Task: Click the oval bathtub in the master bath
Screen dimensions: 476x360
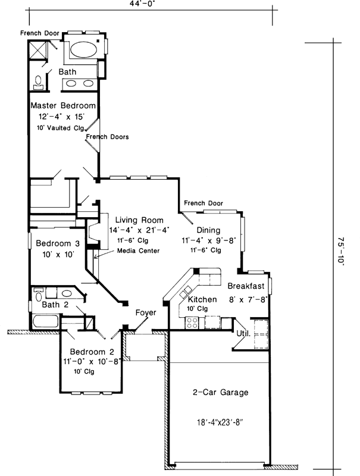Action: click(x=83, y=48)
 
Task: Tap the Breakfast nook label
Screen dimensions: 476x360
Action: click(x=246, y=286)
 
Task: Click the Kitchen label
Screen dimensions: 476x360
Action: click(x=202, y=299)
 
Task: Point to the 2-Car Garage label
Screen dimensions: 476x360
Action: click(x=220, y=393)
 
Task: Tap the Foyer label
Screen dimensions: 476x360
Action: click(x=146, y=313)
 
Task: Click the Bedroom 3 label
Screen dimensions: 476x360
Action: click(x=57, y=243)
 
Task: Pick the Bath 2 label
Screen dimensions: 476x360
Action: click(x=55, y=305)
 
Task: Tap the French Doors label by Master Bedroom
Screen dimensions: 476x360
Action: click(x=107, y=137)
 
